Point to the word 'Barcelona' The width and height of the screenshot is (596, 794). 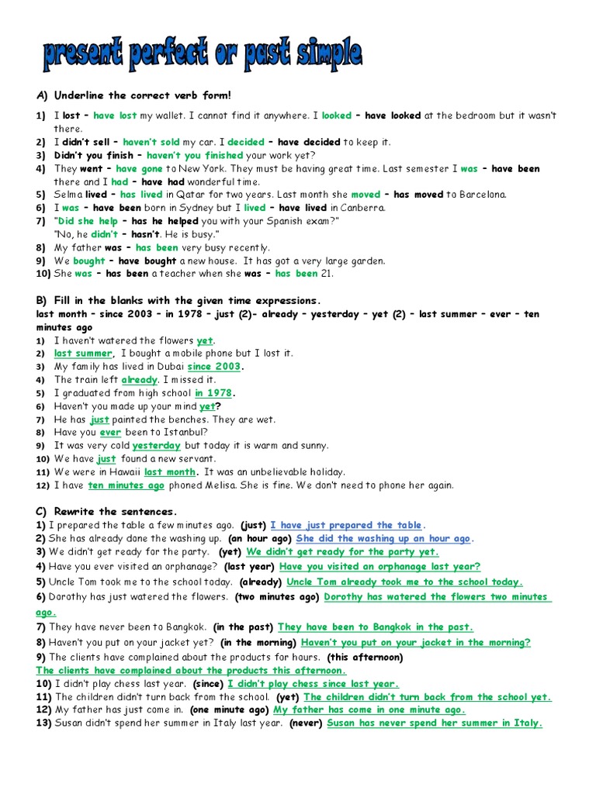(x=480, y=195)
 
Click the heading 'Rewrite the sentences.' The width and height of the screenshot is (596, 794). (x=116, y=511)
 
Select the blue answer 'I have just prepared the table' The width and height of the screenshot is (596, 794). (x=348, y=525)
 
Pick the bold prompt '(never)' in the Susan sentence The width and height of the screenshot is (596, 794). (x=306, y=723)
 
